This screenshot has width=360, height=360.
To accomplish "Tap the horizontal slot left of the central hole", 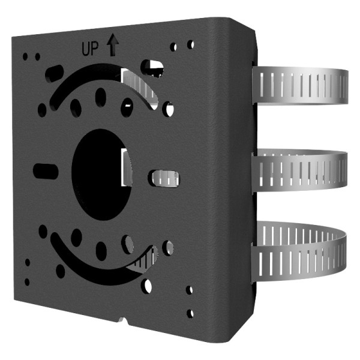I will tap(46, 169).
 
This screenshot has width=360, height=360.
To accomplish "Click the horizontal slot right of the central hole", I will tap(164, 177).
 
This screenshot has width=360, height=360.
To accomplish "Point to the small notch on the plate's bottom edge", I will tap(123, 321).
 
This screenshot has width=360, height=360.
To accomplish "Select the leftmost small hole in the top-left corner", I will tap(25, 57).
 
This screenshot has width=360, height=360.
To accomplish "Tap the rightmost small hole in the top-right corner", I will tap(190, 44).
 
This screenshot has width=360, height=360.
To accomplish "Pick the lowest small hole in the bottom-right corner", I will tap(190, 313).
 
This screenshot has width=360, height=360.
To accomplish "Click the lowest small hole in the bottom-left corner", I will tap(27, 281).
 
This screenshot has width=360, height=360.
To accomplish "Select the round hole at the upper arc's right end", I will tap(169, 109).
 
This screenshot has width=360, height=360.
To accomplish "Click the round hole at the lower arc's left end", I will tap(43, 231).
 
